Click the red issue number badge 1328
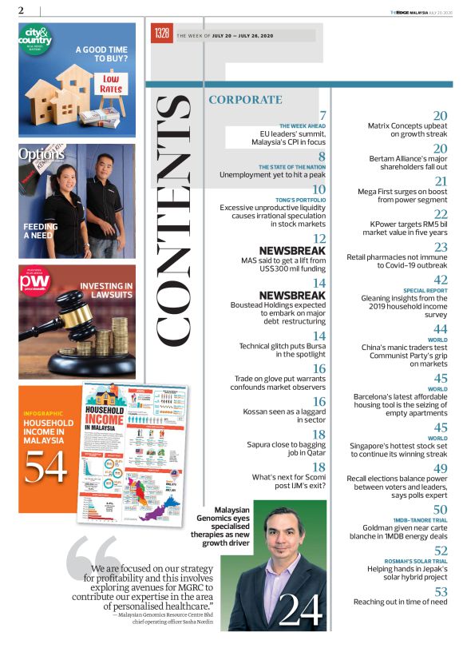click(x=162, y=34)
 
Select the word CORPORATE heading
click(x=245, y=100)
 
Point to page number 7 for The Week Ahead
click(x=323, y=116)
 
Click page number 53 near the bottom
click(x=440, y=591)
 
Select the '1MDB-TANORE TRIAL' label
click(x=420, y=519)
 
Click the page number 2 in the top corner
click(x=20, y=10)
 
